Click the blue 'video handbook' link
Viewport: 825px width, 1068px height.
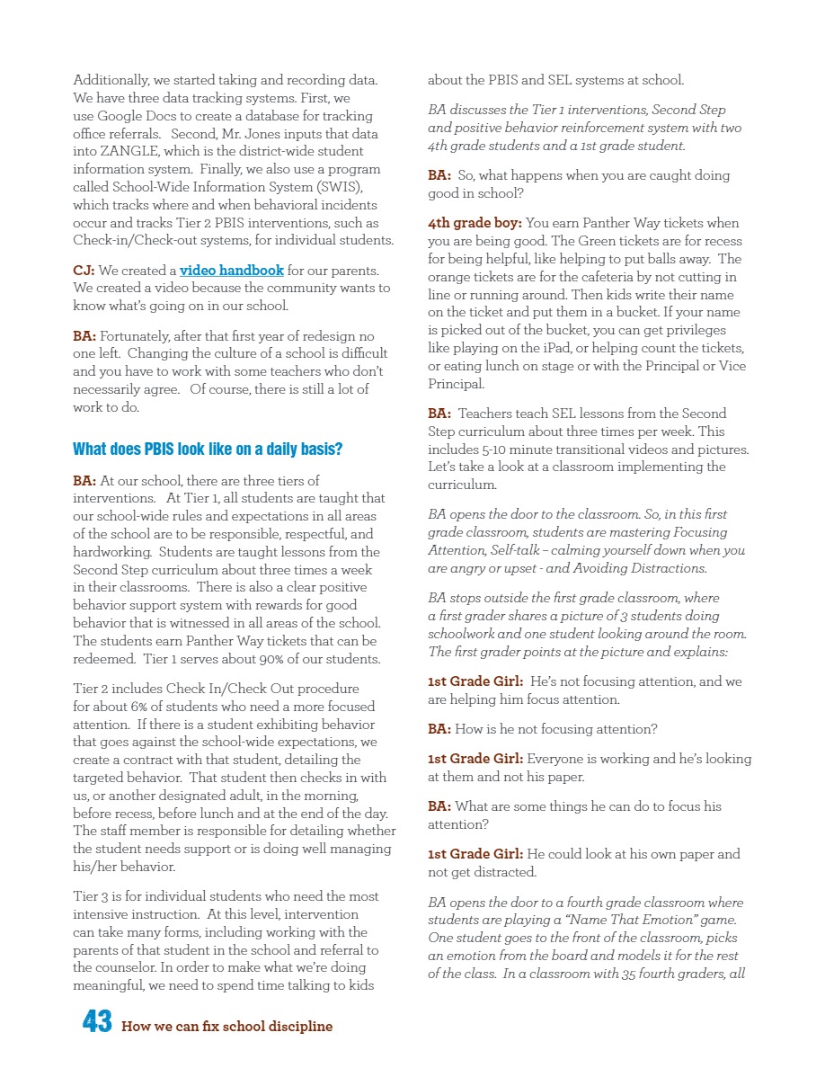click(x=232, y=271)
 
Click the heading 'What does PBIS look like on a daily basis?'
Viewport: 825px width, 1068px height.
click(x=208, y=449)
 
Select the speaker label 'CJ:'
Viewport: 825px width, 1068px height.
click(x=84, y=271)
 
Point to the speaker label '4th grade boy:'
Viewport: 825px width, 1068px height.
click(x=475, y=223)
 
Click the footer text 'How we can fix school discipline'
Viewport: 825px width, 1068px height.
click(x=226, y=1027)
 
